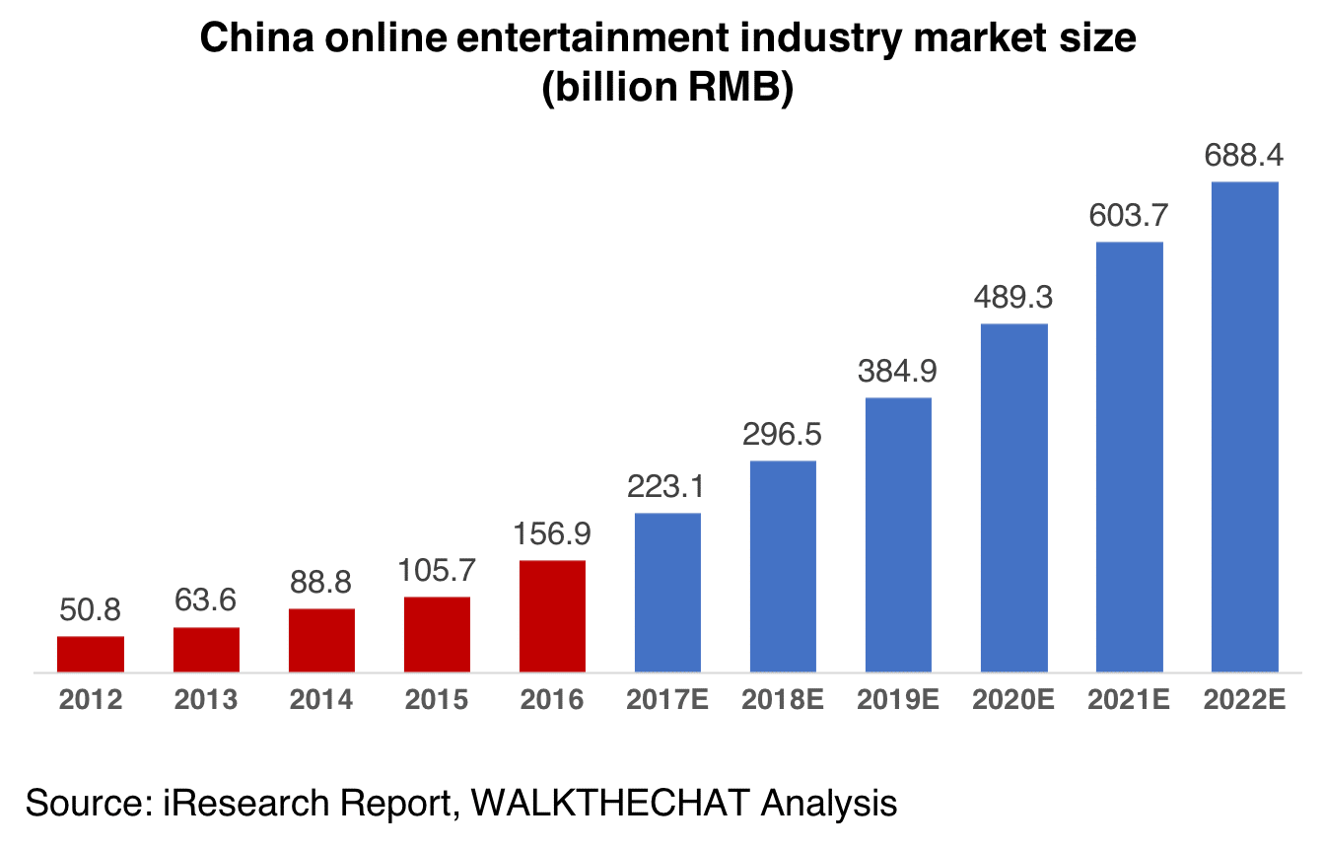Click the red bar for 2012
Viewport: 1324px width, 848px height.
(x=91, y=654)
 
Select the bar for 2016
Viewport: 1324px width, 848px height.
(x=553, y=616)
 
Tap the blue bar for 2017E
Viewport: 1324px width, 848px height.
(x=667, y=593)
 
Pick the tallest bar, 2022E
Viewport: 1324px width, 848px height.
(x=1245, y=427)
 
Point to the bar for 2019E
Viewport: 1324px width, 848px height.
(x=898, y=534)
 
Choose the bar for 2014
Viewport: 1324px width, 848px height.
(x=321, y=640)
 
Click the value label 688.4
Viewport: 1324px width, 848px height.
(x=1245, y=156)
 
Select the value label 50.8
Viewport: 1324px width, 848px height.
(x=91, y=610)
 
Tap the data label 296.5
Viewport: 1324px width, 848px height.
(x=784, y=435)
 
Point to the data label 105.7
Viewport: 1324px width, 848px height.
(x=437, y=571)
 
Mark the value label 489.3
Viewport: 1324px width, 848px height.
(x=1014, y=298)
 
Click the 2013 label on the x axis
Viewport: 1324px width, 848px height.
(x=206, y=700)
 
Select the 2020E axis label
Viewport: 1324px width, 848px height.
(x=1014, y=700)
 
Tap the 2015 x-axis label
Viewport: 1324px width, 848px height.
(x=437, y=700)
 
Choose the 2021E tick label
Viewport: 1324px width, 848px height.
(x=1130, y=700)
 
